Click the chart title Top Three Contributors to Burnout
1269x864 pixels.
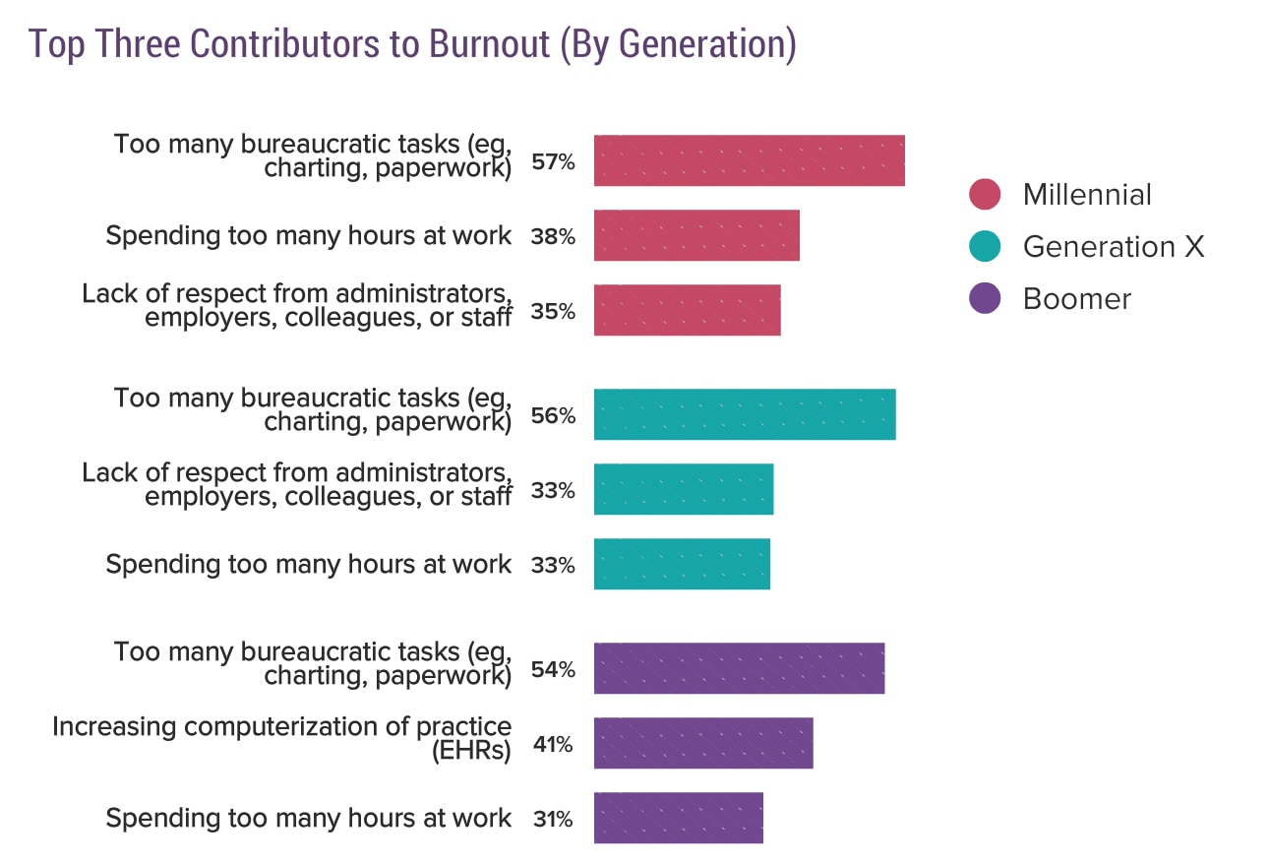(411, 45)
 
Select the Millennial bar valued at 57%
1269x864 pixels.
(749, 160)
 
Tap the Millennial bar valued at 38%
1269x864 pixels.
(696, 235)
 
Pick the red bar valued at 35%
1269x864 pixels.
(687, 310)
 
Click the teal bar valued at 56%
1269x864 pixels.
(745, 414)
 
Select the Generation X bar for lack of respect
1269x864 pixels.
(684, 489)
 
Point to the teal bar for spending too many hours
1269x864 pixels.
(682, 564)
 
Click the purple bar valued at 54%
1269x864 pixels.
(739, 668)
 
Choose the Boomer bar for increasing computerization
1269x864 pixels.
(703, 743)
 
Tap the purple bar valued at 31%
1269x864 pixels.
(678, 818)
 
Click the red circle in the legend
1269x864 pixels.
(984, 194)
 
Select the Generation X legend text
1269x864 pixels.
(1113, 246)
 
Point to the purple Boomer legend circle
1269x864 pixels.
(984, 298)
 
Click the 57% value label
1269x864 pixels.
(553, 161)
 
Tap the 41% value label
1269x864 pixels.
(553, 744)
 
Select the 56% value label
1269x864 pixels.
(553, 415)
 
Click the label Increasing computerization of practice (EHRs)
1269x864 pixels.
(282, 739)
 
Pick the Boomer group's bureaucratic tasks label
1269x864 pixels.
(313, 664)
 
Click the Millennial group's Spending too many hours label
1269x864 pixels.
(309, 236)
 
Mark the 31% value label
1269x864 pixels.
(552, 819)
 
